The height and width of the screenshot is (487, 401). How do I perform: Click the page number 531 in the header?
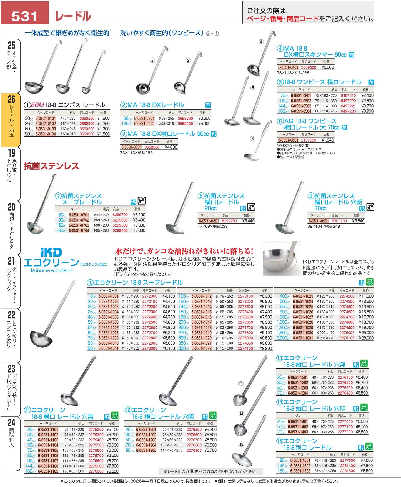pos(24,16)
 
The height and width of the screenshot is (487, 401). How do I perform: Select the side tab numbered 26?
pos(11,119)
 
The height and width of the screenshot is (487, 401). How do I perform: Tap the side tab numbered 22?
pos(11,330)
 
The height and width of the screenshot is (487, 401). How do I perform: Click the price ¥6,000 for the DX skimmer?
pos(328,67)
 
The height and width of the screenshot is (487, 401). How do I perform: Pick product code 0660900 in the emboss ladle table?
pos(87,134)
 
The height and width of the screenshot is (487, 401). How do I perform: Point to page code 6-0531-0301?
pos(131,147)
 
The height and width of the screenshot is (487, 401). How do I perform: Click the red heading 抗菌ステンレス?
pos(51,166)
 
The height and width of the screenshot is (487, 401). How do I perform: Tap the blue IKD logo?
pos(51,252)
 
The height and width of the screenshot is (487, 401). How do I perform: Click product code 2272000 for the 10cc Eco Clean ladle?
pos(150,296)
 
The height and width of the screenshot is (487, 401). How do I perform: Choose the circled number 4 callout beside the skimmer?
pos(261,42)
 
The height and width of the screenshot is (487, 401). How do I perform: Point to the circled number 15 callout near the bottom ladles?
pos(241,444)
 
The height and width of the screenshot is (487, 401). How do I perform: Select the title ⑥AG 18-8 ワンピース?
pos(307,121)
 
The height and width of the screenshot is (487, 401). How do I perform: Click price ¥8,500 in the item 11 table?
pos(112,471)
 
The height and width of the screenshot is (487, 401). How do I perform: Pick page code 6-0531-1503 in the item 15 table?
pos(300,471)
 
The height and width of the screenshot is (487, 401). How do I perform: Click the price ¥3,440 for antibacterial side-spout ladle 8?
pos(248,221)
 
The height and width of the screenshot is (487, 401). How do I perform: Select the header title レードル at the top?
pos(73,16)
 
